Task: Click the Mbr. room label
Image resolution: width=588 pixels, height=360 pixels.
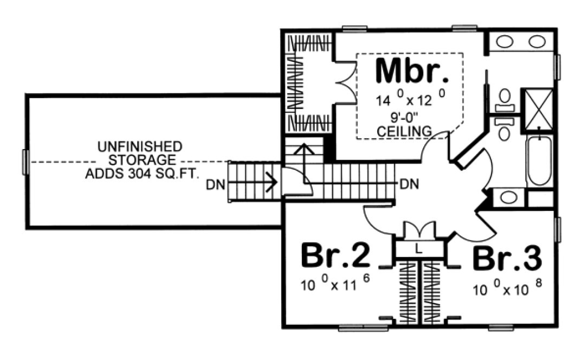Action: pos(412,70)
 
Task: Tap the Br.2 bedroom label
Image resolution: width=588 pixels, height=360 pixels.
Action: pos(335,256)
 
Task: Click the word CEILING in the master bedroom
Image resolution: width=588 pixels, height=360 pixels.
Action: pos(405,131)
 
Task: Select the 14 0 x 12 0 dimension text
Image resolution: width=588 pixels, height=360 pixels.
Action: pos(405,101)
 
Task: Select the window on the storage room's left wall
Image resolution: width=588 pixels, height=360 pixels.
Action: pos(24,161)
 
